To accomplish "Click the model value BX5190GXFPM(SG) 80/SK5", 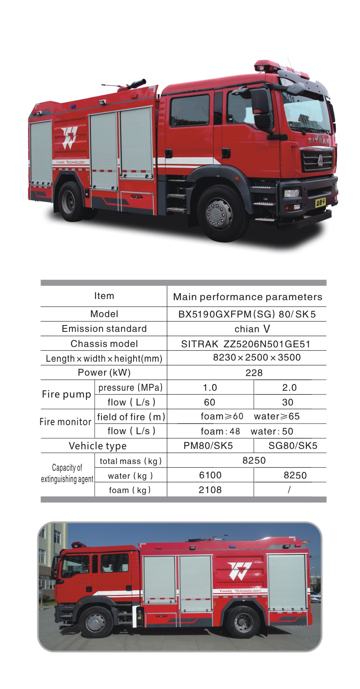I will (247, 314).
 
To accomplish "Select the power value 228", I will (254, 373).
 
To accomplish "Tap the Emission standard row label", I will (104, 329).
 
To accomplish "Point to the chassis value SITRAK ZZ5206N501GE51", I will (246, 344).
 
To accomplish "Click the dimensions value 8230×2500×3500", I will (257, 358).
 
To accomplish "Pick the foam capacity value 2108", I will (210, 490).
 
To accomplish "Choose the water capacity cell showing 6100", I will (210, 475).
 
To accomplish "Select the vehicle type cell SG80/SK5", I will (292, 446).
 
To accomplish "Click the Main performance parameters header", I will (248, 297).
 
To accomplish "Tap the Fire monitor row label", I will (66, 422).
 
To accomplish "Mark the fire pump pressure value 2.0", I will (289, 388).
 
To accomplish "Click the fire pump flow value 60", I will (209, 402).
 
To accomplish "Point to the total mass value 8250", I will (254, 461).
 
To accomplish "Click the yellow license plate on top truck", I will (321, 203).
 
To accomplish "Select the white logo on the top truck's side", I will (69, 138).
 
